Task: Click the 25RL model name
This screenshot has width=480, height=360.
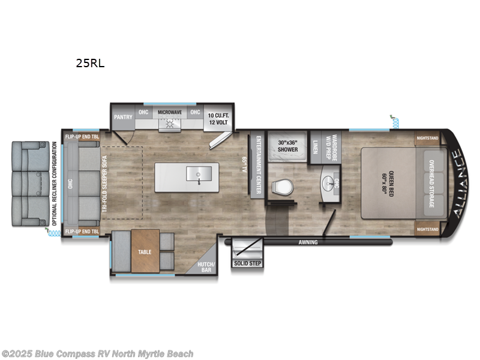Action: click(x=90, y=62)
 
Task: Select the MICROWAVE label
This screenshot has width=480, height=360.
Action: click(x=169, y=112)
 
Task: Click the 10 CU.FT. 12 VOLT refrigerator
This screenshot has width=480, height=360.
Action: click(x=220, y=118)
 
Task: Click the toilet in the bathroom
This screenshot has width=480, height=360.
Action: click(x=282, y=187)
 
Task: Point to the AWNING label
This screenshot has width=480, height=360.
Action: click(x=310, y=243)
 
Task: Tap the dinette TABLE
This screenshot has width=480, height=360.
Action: click(x=145, y=252)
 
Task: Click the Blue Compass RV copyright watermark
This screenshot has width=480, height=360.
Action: click(x=97, y=354)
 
